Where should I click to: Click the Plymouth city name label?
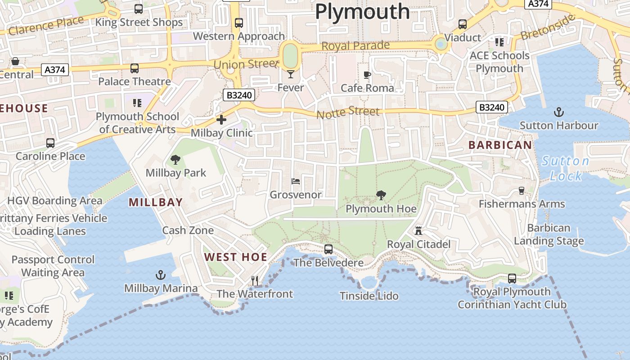pos(362,11)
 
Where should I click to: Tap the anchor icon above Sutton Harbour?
pos(558,112)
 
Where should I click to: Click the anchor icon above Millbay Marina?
pos(161,275)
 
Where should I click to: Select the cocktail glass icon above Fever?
pos(291,74)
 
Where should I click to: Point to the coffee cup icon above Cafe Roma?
pos(367,75)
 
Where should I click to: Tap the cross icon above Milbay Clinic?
pos(221,120)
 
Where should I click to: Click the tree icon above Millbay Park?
pos(175,159)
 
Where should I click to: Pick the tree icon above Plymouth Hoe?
pos(381,195)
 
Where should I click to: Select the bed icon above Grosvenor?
pos(296,181)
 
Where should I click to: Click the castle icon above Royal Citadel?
pos(418,231)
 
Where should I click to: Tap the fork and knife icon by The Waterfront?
pos(255,280)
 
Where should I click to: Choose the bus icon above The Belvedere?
pos(328,249)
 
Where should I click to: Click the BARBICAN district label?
pos(500,145)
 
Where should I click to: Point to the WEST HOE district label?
pos(236,257)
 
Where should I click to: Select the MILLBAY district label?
pos(156,202)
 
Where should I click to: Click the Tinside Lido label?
pos(369,296)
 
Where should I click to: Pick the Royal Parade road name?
pos(355,46)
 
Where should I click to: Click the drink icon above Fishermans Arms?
pos(522,190)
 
